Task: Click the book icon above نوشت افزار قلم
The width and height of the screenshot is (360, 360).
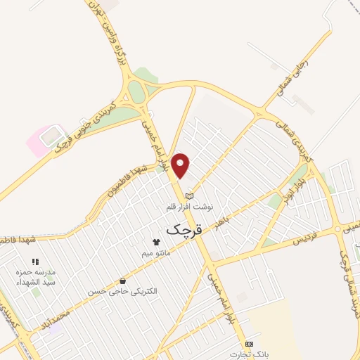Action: click(188, 196)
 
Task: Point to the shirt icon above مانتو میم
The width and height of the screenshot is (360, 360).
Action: click(155, 242)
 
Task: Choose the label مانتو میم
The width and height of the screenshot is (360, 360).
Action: click(156, 252)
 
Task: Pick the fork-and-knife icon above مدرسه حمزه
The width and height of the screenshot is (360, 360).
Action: click(35, 262)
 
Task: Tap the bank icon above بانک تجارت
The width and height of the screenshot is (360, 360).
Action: click(247, 344)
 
